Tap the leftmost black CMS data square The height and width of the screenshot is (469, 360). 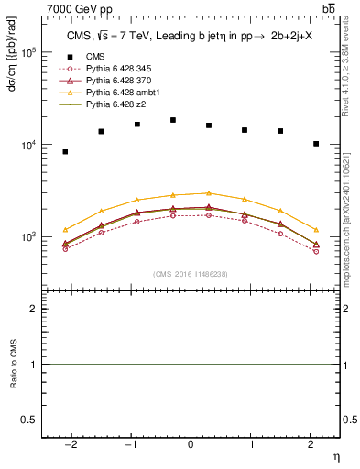65,151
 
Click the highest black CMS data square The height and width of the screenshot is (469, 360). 173,120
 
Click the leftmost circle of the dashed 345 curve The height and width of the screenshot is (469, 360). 65,248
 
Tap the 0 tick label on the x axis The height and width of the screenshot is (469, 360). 191,444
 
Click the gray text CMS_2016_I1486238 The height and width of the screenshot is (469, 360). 191,274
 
